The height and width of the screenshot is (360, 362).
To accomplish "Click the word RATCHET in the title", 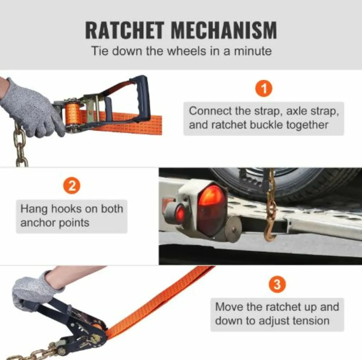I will (x=125, y=30).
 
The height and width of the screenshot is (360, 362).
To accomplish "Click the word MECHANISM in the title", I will (x=224, y=30).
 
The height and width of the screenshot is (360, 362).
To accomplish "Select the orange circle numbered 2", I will (x=72, y=186).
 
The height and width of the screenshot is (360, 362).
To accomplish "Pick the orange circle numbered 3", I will (x=277, y=285).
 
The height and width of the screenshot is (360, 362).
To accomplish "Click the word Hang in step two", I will (x=34, y=209).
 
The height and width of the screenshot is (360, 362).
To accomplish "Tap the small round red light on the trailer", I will (x=180, y=213).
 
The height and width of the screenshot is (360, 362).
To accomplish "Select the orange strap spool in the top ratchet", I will (x=73, y=116).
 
